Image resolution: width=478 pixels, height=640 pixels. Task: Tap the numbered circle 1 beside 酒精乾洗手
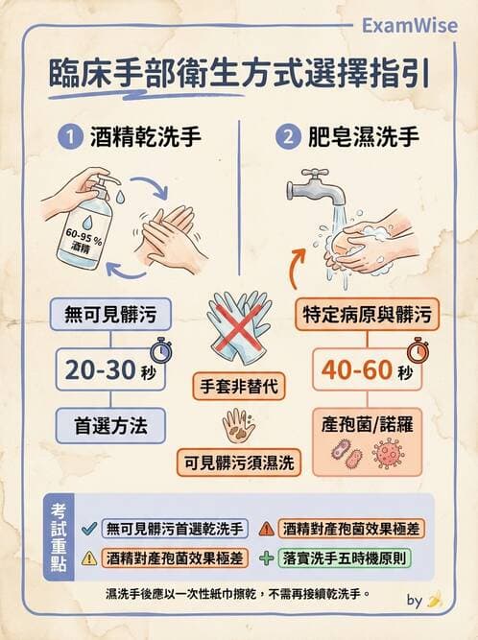click(70, 136)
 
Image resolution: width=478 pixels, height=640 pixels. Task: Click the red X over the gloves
click(239, 330)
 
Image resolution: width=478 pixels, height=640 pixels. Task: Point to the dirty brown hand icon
click(238, 424)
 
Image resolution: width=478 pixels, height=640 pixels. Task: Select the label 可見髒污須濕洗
click(239, 463)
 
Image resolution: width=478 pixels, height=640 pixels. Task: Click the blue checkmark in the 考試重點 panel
click(88, 528)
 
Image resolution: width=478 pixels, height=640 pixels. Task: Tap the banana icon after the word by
click(435, 600)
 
